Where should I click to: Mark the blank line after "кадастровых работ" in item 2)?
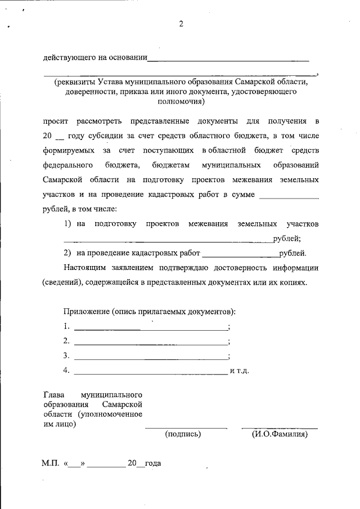click(240, 254)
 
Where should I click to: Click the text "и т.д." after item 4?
click(239, 372)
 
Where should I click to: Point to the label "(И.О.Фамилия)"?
click(280, 434)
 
